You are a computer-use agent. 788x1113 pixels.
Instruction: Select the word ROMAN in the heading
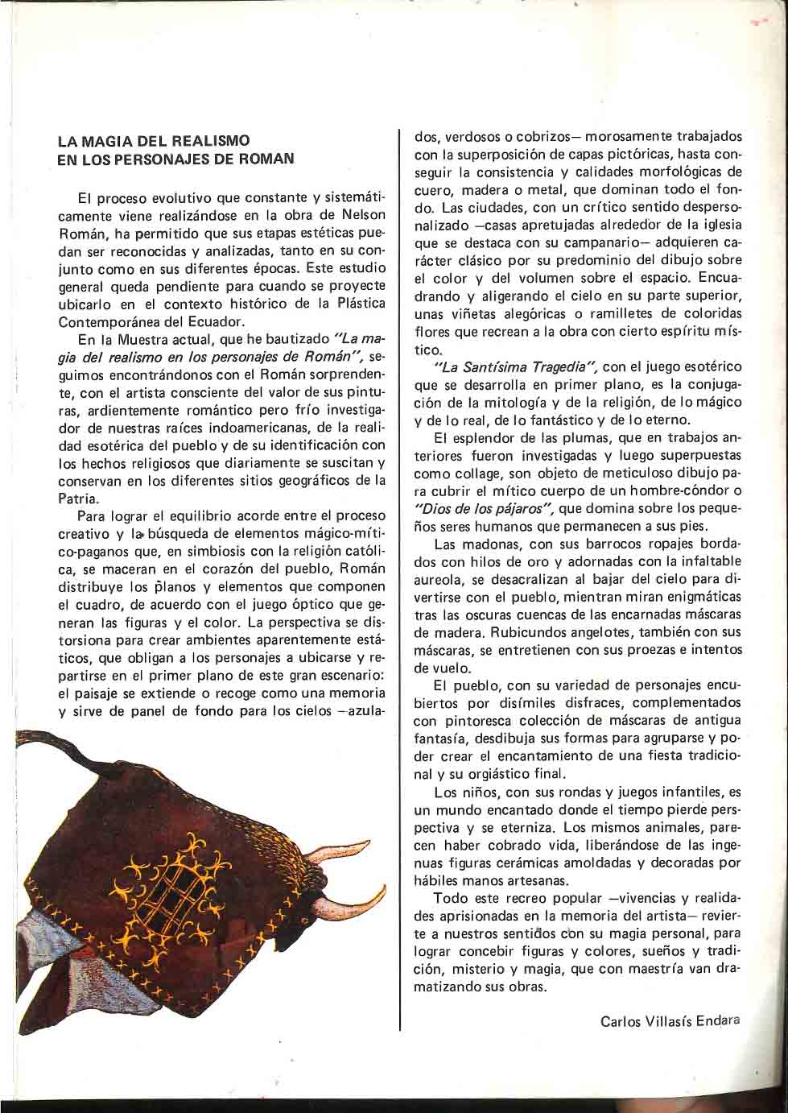click(x=265, y=159)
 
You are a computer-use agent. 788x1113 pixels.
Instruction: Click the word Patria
click(x=79, y=499)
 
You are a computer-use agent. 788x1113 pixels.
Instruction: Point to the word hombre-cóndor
click(x=663, y=490)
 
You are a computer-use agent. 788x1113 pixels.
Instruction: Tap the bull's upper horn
click(x=342, y=854)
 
